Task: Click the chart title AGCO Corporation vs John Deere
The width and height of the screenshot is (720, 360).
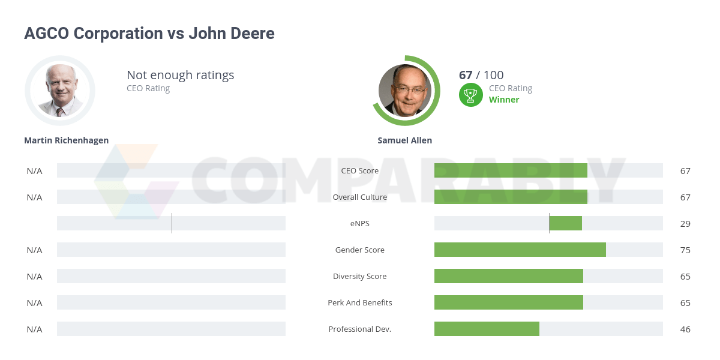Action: click(149, 34)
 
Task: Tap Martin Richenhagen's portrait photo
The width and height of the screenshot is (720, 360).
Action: click(60, 90)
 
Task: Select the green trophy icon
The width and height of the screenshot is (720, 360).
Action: click(471, 95)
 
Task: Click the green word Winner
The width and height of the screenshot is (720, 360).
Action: click(504, 100)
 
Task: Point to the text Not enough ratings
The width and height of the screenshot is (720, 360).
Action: click(180, 75)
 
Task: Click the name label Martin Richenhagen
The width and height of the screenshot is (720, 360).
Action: click(66, 140)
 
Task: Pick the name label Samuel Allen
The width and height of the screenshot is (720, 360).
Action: click(404, 140)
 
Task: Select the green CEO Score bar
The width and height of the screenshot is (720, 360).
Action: click(511, 170)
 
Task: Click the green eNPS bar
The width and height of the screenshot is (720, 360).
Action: click(565, 223)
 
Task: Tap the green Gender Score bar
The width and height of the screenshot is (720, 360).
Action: click(520, 250)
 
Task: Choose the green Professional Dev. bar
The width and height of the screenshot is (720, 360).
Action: click(487, 329)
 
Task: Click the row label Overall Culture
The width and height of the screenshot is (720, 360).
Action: click(360, 197)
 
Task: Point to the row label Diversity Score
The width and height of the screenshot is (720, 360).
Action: click(360, 276)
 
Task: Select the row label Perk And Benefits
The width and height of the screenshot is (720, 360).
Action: click(360, 302)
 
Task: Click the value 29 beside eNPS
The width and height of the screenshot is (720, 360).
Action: click(685, 223)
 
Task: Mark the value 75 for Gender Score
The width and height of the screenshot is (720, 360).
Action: click(685, 250)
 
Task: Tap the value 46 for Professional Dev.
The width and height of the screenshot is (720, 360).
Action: click(685, 329)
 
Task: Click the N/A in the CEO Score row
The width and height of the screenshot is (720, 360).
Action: click(34, 170)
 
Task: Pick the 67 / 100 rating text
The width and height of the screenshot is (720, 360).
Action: click(481, 75)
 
